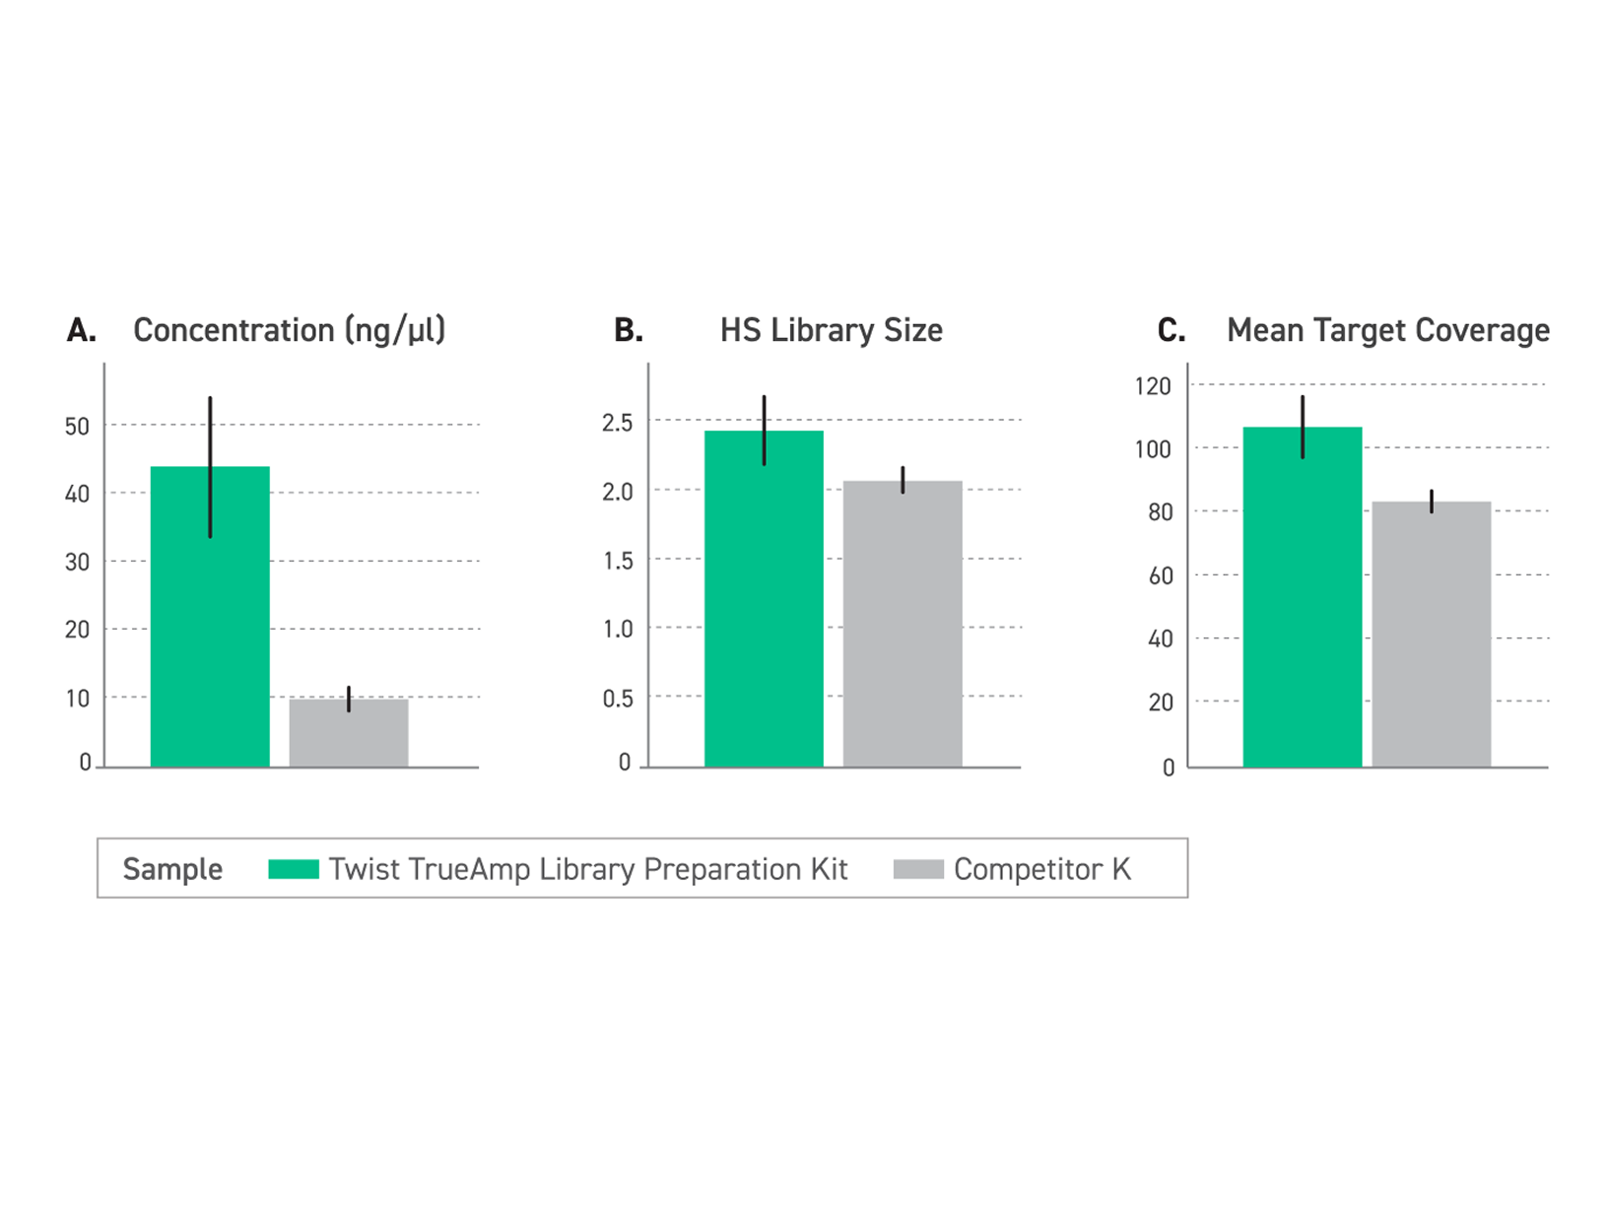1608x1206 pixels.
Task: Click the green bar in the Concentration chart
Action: click(x=210, y=631)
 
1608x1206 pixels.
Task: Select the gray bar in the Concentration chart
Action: click(x=349, y=733)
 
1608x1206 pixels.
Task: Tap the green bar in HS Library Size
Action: click(x=764, y=611)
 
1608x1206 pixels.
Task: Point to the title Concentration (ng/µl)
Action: click(x=290, y=330)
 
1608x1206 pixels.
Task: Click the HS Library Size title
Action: click(x=831, y=330)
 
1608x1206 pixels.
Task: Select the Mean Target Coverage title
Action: click(x=1387, y=330)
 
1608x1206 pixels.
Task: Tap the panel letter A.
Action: click(x=82, y=331)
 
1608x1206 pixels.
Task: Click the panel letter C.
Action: click(x=1171, y=331)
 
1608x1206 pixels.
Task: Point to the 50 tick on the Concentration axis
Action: click(x=77, y=427)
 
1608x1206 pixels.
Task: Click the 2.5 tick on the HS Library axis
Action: click(x=618, y=423)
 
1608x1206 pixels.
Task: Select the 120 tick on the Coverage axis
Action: click(x=1153, y=386)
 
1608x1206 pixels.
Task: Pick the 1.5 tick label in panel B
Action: click(x=618, y=561)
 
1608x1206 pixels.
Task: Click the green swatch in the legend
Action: click(x=294, y=869)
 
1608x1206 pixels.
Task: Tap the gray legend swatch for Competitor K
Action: click(x=918, y=869)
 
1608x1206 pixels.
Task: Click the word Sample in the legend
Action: click(x=172, y=869)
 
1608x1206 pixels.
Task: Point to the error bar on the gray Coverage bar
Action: click(x=1432, y=501)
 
